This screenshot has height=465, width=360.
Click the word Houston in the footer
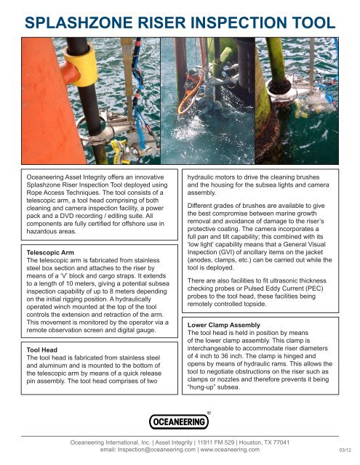(x=257, y=441)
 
